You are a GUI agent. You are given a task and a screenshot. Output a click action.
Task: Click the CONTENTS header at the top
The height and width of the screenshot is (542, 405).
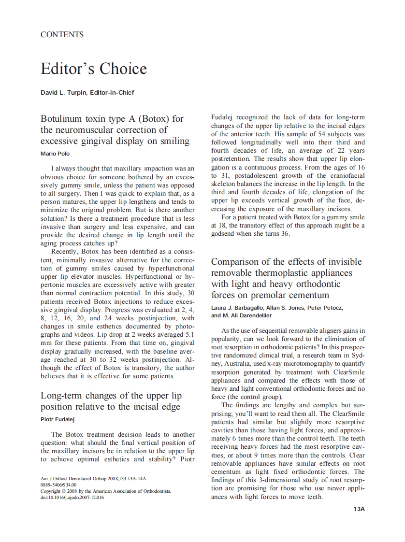point(62,35)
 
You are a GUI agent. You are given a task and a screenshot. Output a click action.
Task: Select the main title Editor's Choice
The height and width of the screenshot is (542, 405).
point(93,69)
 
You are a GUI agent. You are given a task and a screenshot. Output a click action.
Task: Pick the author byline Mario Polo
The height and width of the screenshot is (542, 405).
point(54,154)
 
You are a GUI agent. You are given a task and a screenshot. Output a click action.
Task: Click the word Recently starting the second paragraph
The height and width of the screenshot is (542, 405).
point(65,252)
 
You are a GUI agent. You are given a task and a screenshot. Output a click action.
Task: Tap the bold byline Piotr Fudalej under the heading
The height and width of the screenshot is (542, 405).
point(57,419)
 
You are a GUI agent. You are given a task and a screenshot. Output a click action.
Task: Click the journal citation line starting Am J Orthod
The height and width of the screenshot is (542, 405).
point(93,479)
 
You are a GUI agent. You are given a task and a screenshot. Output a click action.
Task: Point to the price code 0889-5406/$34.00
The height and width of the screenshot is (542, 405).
point(58,485)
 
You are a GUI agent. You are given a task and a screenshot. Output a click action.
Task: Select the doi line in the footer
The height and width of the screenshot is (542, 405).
point(72,498)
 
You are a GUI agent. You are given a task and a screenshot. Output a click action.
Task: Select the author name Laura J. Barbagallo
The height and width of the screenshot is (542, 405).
point(238,308)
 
